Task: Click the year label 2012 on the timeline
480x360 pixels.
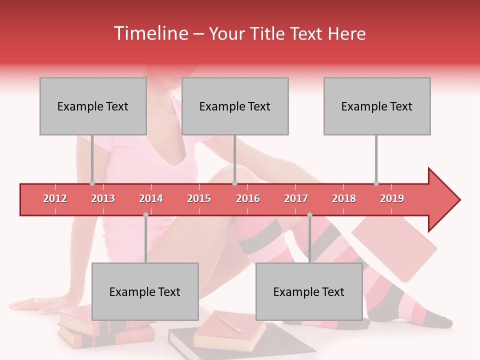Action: point(55,198)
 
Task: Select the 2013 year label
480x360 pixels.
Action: point(103,198)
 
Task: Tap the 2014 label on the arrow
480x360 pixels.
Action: point(151,198)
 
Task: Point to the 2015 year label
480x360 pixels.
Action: point(199,198)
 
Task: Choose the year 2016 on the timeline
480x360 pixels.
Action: point(248,198)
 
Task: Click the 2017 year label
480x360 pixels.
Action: point(296,198)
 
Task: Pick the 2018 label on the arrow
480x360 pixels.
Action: point(344,198)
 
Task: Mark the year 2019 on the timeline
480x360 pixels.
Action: point(392,198)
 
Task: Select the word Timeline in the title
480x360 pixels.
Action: point(150,33)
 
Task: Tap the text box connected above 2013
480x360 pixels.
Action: point(93,106)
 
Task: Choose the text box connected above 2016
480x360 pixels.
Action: point(235,106)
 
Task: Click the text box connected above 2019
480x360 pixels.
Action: point(377,106)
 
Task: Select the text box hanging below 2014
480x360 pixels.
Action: point(145,291)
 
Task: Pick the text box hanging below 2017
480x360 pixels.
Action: point(309,291)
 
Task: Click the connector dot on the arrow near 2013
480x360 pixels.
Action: point(92,183)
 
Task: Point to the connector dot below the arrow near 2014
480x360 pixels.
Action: point(145,214)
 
